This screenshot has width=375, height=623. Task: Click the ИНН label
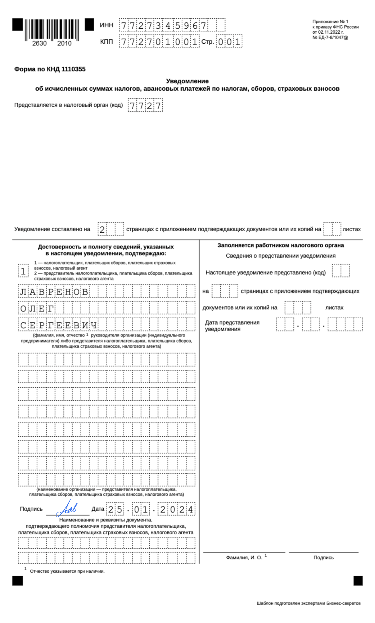coord(106,25)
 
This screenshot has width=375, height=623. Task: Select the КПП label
coord(106,42)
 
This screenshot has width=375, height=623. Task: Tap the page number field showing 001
coord(229,42)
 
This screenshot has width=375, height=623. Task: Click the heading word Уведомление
coord(187,81)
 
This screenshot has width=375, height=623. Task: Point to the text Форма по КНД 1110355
coord(50,69)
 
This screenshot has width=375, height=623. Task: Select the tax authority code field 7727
coord(145,105)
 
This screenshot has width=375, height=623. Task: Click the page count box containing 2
coord(102,229)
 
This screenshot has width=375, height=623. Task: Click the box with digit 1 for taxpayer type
coord(23,271)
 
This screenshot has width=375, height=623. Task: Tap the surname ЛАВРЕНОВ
coord(54,292)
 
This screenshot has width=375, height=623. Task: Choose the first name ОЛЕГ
coord(37,308)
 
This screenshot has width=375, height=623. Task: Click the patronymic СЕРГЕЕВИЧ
coord(58,325)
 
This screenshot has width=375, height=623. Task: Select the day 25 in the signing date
coord(115,510)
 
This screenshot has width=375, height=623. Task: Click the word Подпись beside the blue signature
coord(31,509)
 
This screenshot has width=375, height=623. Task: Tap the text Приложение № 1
coord(330,21)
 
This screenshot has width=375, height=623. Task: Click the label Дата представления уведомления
coord(232,326)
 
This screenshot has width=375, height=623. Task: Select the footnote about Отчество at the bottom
coord(67,571)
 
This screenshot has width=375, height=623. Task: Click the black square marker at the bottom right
coord(358,581)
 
